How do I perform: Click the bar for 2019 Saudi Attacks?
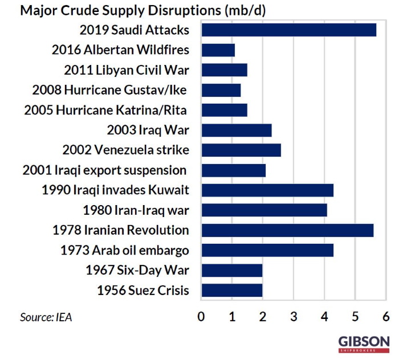(x=289, y=30)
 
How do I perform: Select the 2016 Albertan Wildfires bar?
(x=218, y=50)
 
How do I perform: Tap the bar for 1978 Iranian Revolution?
(x=288, y=230)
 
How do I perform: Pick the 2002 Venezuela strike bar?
(x=241, y=150)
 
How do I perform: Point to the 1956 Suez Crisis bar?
(x=232, y=291)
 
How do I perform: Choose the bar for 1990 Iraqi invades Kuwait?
(x=267, y=190)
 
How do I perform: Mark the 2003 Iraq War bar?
(x=237, y=130)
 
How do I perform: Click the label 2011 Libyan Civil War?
(x=127, y=70)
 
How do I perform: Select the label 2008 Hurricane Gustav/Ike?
(x=109, y=90)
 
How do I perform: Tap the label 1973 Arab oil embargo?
(x=125, y=250)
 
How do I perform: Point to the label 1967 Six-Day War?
(x=137, y=270)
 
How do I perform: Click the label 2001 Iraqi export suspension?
(x=104, y=170)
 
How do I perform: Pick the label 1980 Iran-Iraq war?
(x=136, y=210)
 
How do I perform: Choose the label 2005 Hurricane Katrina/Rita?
(x=105, y=110)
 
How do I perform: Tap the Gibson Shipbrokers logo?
(x=364, y=344)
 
